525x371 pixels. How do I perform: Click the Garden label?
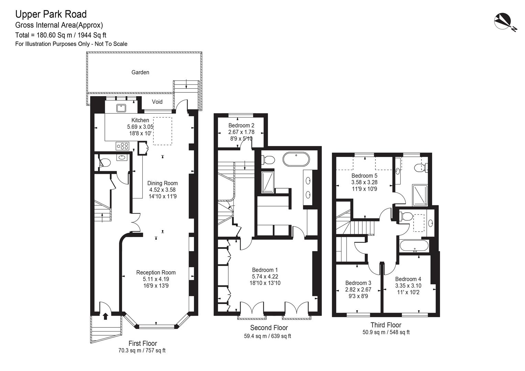tap(140, 72)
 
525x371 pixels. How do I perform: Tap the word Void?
tap(157, 102)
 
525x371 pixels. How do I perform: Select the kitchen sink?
tap(121, 108)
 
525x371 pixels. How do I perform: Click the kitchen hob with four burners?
tap(122, 146)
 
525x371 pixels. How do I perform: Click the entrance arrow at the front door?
tap(106, 316)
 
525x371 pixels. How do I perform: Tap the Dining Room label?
tap(162, 183)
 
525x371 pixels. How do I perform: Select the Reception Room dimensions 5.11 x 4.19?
tap(156, 279)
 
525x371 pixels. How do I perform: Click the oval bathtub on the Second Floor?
tap(296, 159)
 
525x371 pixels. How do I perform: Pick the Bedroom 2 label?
tap(241, 125)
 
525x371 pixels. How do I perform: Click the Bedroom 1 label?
tap(265, 270)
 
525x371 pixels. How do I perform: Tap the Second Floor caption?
tap(269, 327)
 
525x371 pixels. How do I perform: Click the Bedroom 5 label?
tap(364, 176)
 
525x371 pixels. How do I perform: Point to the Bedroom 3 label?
tap(358, 283)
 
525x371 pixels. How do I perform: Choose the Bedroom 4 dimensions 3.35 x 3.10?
tap(408, 286)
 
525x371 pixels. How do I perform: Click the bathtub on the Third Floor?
tap(414, 246)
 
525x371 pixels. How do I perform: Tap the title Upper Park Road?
tap(51, 14)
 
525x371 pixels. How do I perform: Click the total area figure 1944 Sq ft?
tap(92, 35)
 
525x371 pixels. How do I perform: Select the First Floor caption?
tap(143, 344)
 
